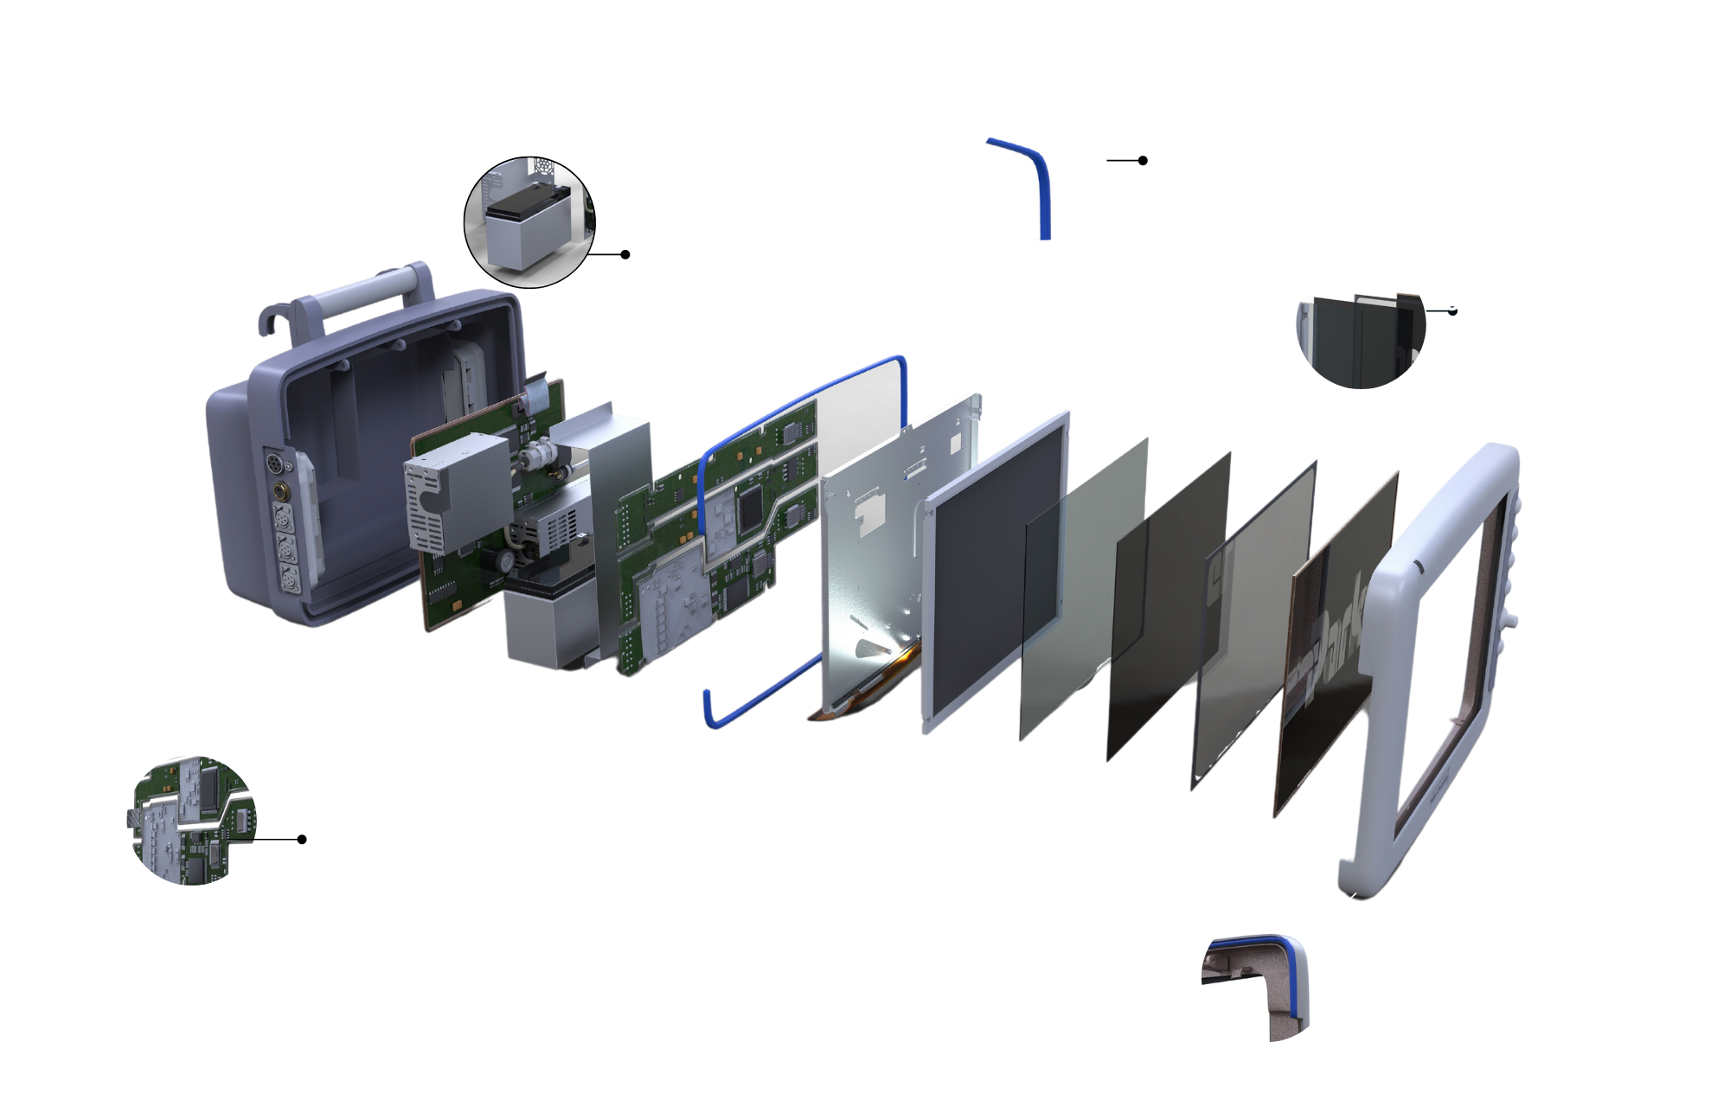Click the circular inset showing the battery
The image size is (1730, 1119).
530,222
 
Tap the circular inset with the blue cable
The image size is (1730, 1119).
1041,175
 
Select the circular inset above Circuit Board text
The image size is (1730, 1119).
191,820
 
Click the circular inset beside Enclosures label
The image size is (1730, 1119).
1266,976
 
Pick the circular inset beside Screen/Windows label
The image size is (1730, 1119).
1361,322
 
